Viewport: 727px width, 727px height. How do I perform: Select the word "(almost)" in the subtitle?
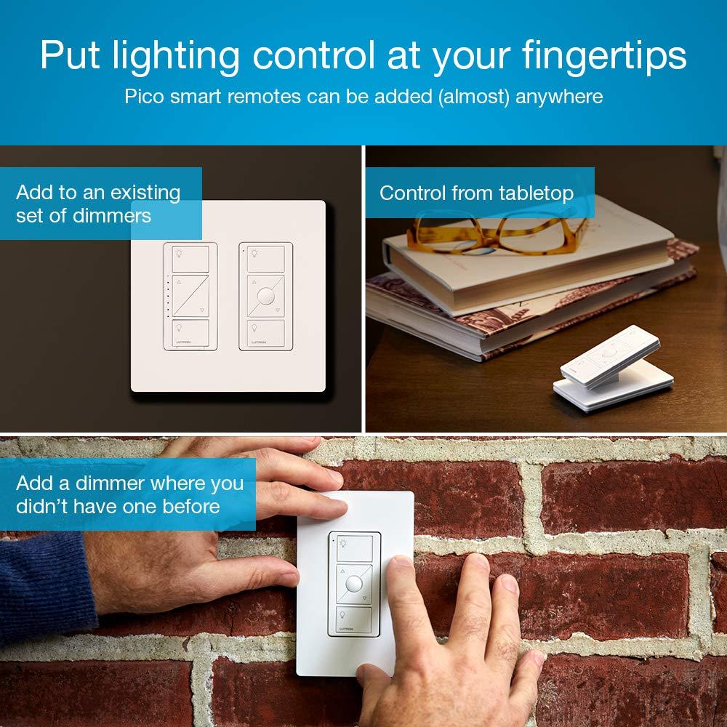click(x=474, y=96)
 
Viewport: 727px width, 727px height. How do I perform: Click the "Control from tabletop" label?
click(x=476, y=193)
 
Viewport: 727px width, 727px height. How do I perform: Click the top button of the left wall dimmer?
click(x=190, y=259)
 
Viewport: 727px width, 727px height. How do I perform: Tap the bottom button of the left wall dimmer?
click(x=190, y=333)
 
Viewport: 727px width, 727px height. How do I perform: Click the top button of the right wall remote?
click(x=266, y=259)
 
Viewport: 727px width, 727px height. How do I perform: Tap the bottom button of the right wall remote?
click(x=266, y=333)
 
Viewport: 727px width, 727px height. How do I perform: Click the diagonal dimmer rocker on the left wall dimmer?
click(x=190, y=296)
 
